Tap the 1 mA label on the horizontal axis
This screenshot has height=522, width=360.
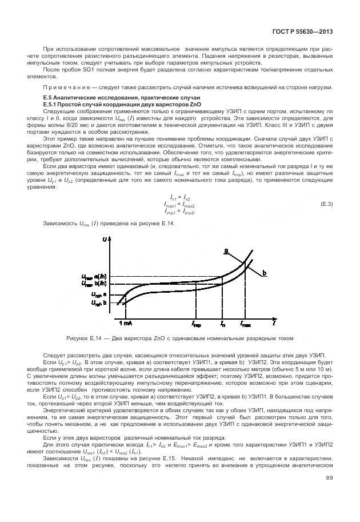tap(126, 323)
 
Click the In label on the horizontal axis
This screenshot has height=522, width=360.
tap(222, 324)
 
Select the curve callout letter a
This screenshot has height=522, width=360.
tap(226, 250)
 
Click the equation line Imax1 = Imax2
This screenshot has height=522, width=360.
tap(179, 205)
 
